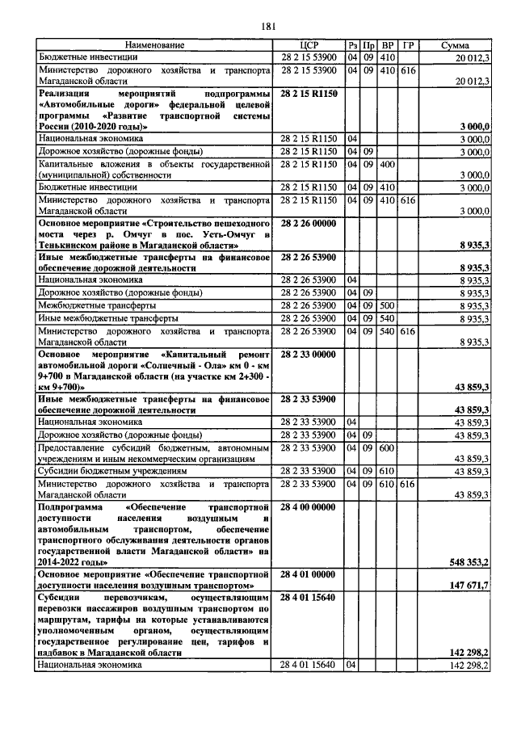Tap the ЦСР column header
310,45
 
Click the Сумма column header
456,45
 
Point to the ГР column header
408,45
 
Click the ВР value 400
387,164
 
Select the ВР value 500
387,306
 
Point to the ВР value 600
387,448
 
